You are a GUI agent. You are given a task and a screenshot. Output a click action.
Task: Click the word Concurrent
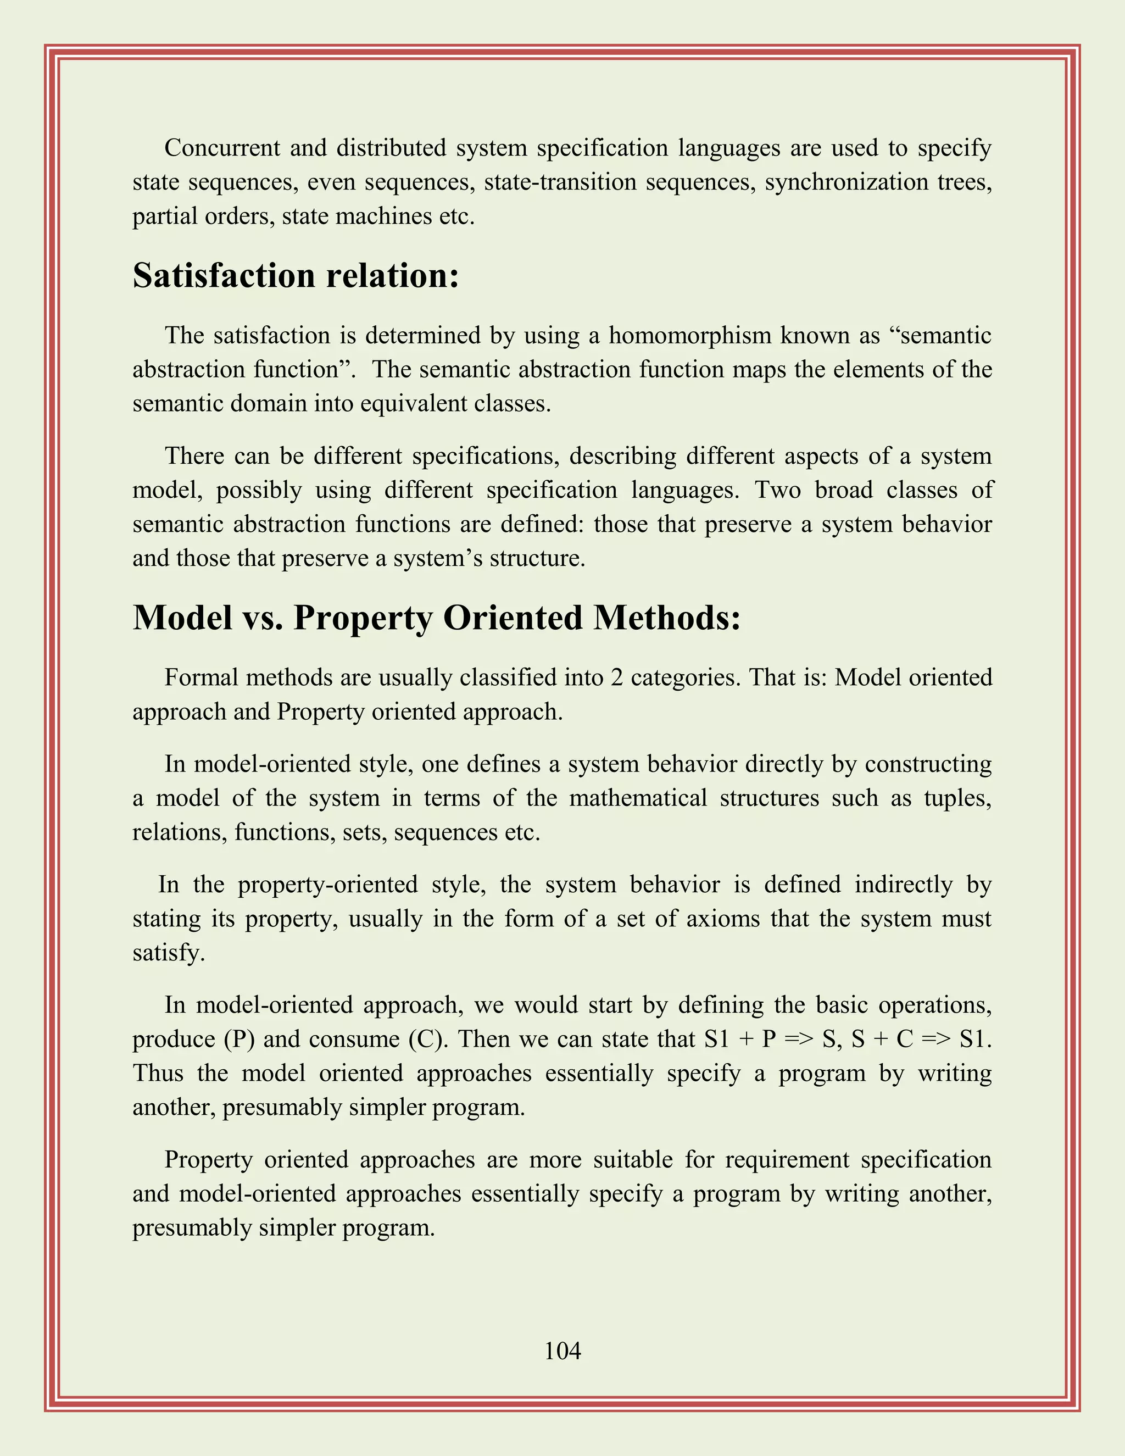[222, 148]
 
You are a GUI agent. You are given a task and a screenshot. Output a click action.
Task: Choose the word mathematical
[638, 798]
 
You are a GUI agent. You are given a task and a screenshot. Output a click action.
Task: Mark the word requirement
[787, 1160]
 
